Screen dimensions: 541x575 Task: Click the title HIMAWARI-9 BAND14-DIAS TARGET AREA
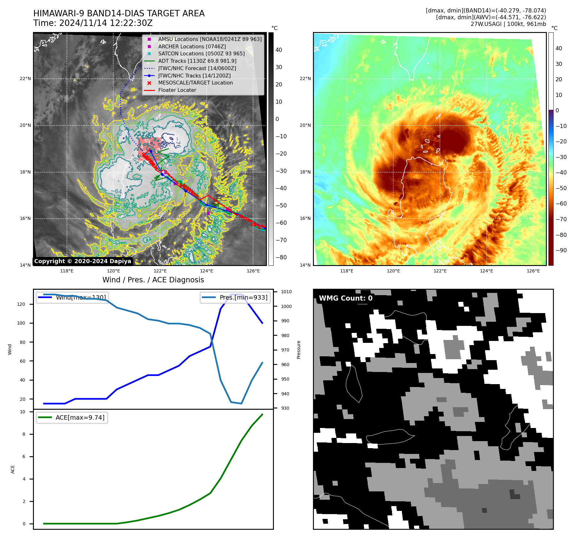click(119, 14)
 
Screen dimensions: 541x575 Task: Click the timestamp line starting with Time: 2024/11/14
click(93, 23)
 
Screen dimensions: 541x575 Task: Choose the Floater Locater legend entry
click(177, 90)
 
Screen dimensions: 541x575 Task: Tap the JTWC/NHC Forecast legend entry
click(197, 69)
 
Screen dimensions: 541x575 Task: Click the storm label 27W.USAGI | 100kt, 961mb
click(508, 24)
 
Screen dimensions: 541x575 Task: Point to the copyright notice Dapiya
click(83, 261)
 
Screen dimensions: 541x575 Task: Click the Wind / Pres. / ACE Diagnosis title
click(153, 280)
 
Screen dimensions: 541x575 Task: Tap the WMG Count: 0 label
click(346, 298)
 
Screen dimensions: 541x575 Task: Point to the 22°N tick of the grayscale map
click(26, 79)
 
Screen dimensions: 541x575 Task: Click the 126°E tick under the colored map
click(533, 271)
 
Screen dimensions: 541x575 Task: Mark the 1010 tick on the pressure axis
click(286, 292)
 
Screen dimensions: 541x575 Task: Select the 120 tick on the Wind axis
click(21, 304)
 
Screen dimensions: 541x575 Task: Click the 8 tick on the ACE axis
click(24, 434)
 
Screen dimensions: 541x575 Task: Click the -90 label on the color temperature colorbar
click(561, 250)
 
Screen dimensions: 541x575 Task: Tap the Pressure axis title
click(299, 350)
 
